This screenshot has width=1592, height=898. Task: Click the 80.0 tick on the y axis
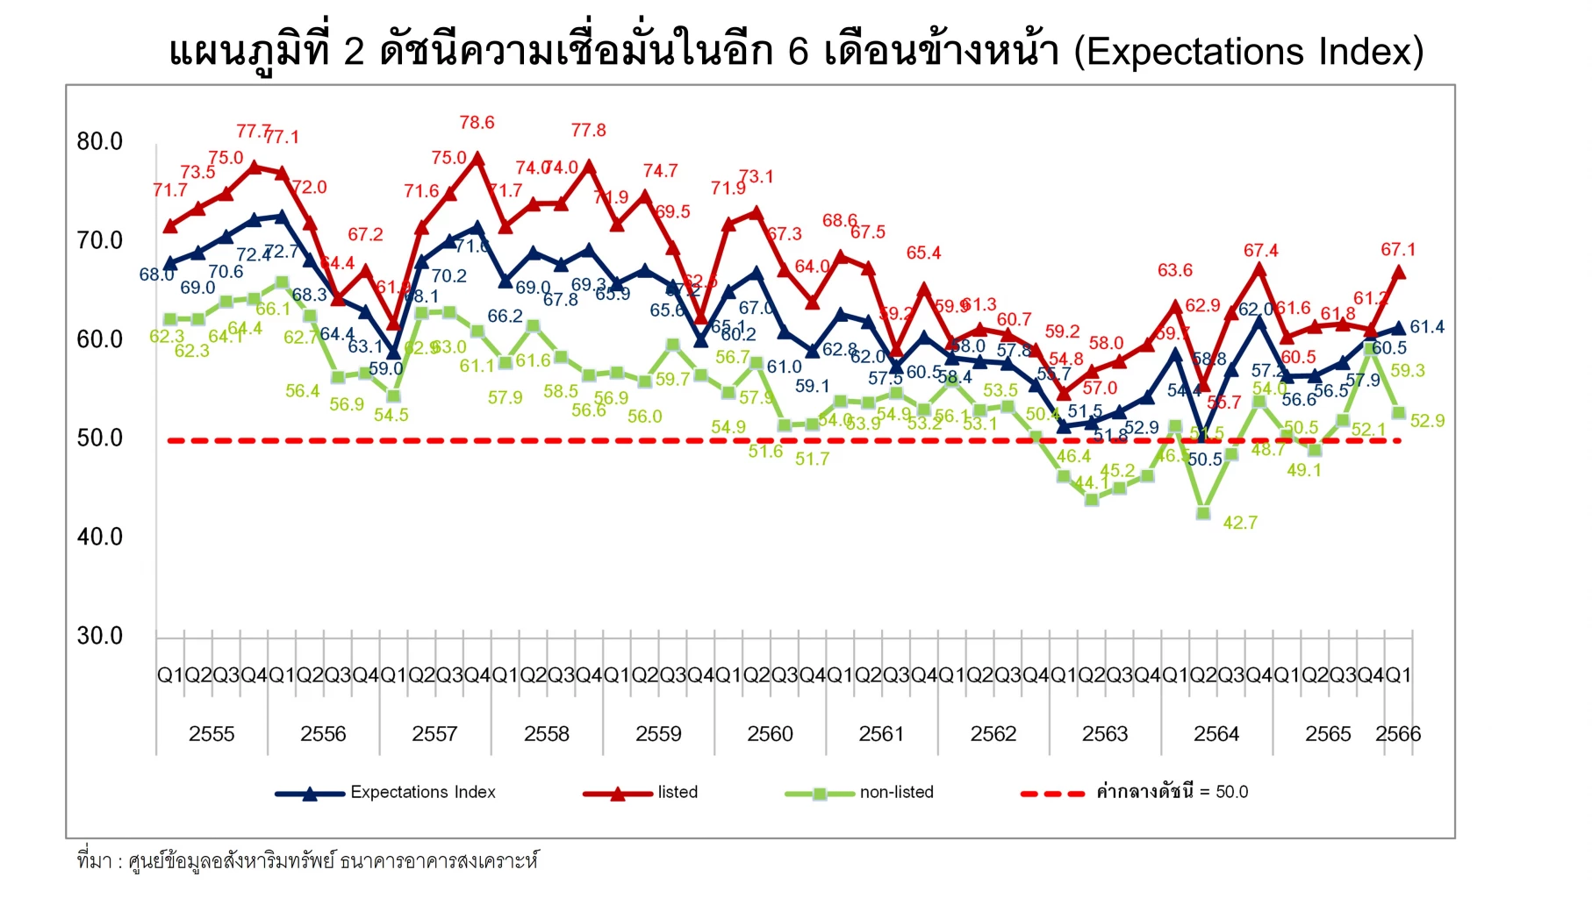point(99,142)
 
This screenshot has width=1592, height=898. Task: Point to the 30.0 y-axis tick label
point(99,636)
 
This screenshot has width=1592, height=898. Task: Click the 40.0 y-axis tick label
point(99,537)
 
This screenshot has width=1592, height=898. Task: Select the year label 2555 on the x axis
point(212,734)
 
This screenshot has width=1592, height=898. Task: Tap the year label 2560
point(770,734)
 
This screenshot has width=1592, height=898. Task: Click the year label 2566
point(1398,734)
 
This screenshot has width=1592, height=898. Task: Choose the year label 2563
point(1105,734)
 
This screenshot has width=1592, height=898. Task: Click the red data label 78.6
point(477,123)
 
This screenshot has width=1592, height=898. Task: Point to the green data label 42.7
point(1240,523)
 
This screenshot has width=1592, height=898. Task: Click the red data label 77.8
point(588,131)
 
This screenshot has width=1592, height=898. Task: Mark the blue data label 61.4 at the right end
point(1427,327)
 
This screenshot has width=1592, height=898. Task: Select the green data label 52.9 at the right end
point(1427,421)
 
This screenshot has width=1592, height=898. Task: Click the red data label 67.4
point(1260,251)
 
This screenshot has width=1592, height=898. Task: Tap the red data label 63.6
point(1174,270)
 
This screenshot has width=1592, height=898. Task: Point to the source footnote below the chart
point(307,861)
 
